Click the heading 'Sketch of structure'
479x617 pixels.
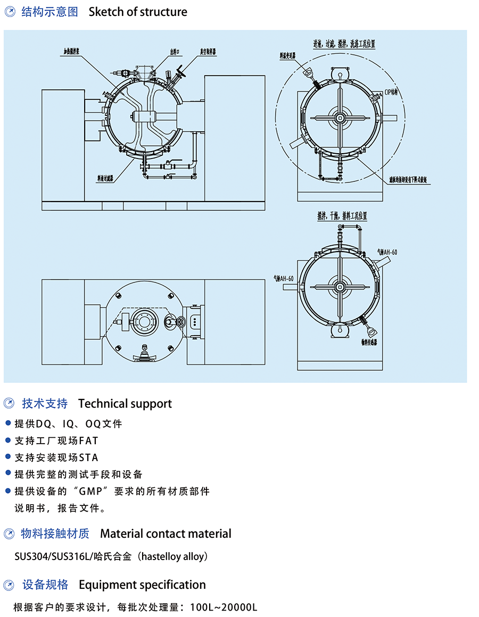pos(138,12)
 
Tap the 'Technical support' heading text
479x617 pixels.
pos(125,404)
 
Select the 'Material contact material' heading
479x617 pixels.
pos(166,533)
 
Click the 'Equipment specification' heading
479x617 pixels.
pos(142,585)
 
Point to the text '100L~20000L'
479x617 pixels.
pos(224,607)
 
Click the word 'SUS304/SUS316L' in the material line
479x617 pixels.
pos(53,557)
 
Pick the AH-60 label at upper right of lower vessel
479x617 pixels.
pos(387,252)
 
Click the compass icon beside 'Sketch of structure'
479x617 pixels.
pos(10,12)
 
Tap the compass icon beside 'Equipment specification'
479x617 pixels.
pos(10,586)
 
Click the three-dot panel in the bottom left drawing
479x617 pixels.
pos(195,322)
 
